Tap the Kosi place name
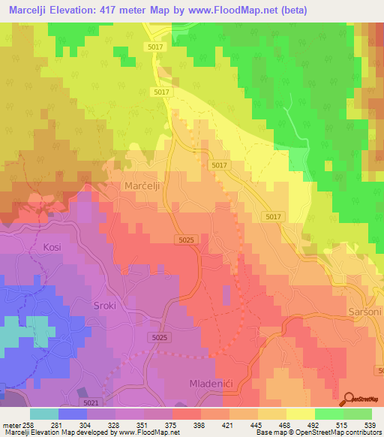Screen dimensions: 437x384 pos(52,247)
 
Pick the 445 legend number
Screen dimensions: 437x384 pos(255,424)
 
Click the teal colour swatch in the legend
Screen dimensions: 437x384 pos(44,414)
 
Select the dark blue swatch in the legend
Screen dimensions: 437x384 pos(73,414)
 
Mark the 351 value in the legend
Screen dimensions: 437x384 pos(141,424)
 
